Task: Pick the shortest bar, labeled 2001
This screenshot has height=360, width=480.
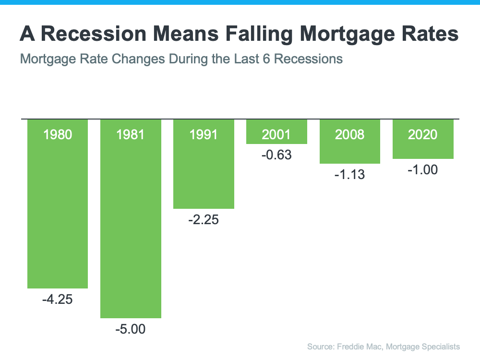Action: point(276,139)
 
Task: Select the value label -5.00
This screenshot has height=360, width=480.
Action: point(130,330)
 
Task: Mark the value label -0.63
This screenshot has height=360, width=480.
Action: point(276,156)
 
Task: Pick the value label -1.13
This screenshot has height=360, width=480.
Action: point(350,175)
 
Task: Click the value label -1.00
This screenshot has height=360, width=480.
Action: point(423,170)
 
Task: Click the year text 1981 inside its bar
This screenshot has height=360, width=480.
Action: point(130,134)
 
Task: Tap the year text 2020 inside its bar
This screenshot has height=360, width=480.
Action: point(423,134)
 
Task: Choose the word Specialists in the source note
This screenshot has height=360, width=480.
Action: point(439,346)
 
